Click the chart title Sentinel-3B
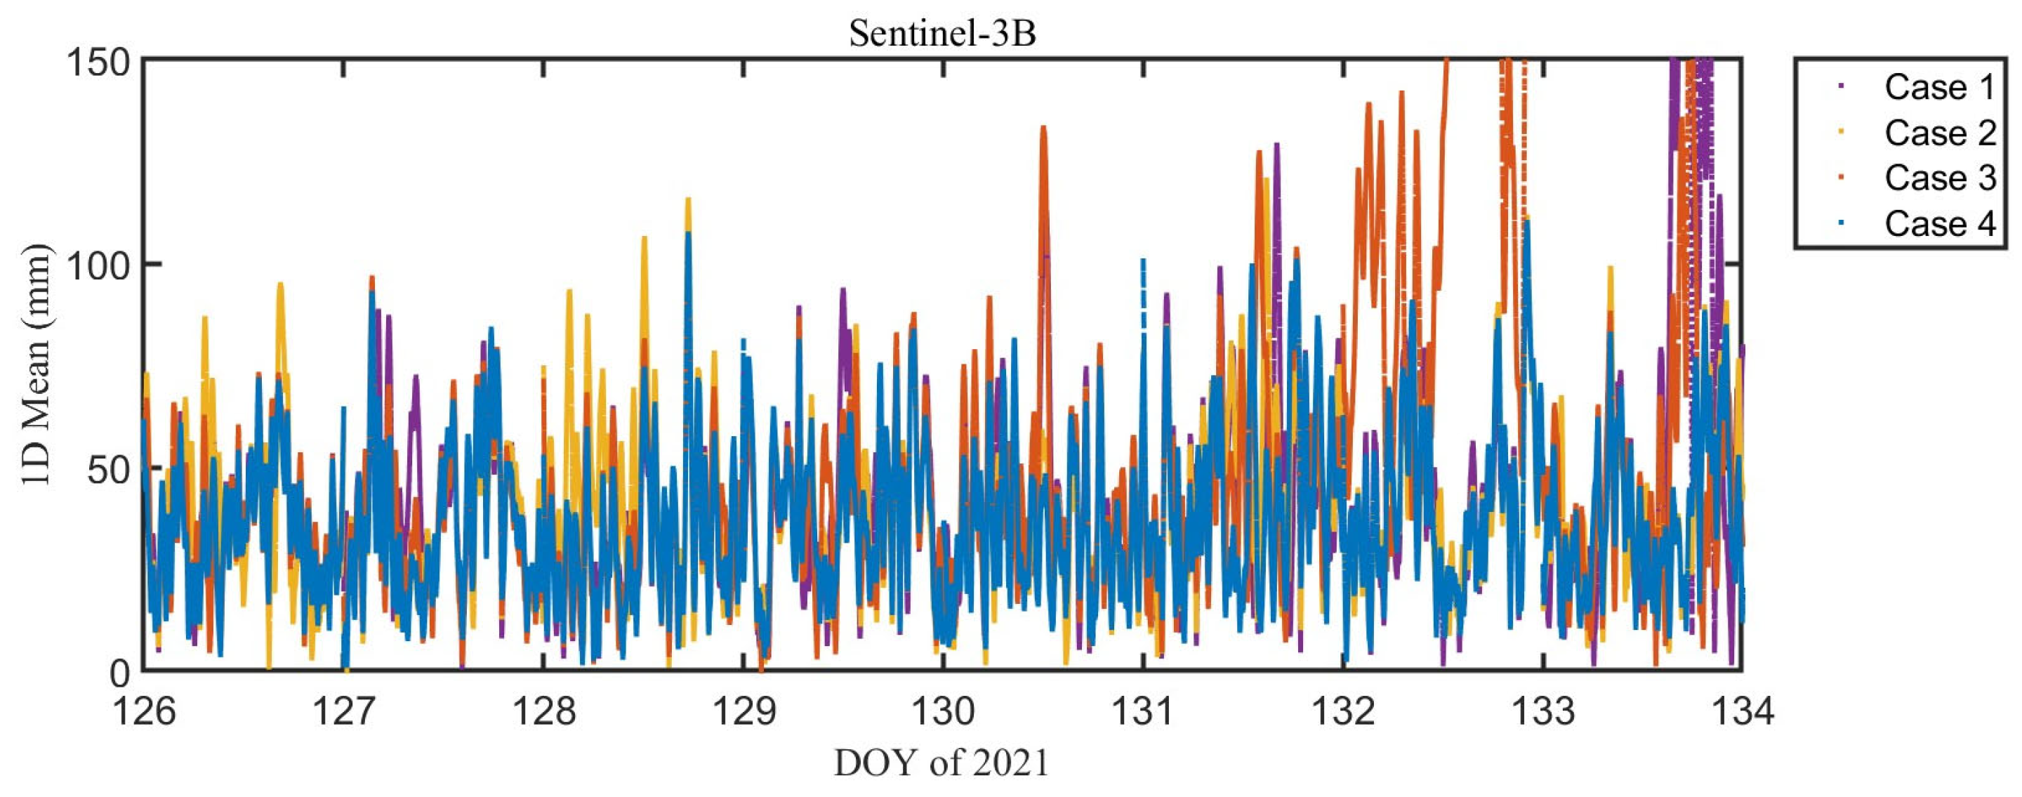point(943,34)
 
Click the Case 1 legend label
point(1938,87)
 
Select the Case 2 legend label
point(1938,133)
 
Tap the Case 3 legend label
point(1938,178)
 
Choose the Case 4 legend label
point(1938,224)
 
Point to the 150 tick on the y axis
point(98,61)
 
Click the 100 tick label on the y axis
point(98,265)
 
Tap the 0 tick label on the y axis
point(119,672)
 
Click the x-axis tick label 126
point(145,711)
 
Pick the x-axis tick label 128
point(544,711)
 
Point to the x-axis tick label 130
point(943,711)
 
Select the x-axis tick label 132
point(1343,711)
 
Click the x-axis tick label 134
point(1743,711)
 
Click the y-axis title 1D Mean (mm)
point(35,365)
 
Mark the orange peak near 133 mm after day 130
point(1043,128)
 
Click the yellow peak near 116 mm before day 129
point(688,200)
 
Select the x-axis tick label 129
point(744,711)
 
